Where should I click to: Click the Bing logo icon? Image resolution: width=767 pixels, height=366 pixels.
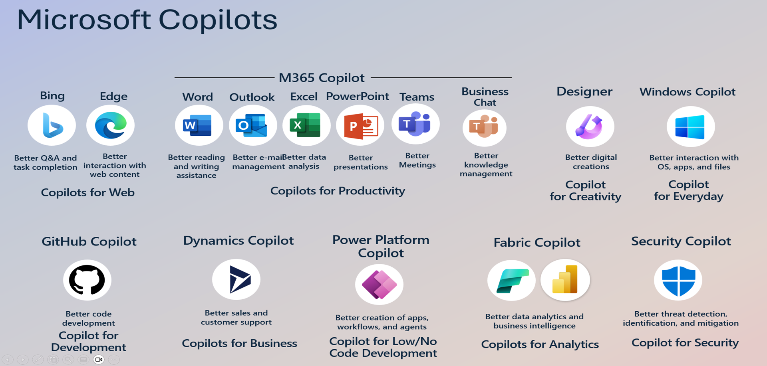pos(52,125)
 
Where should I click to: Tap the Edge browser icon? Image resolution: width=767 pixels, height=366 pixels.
pos(111,125)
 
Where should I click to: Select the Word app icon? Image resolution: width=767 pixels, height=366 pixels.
pos(199,125)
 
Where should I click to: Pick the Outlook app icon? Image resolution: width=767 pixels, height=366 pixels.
pos(253,125)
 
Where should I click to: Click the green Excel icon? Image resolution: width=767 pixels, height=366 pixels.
pos(306,125)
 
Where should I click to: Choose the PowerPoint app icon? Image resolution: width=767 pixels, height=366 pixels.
pos(360,125)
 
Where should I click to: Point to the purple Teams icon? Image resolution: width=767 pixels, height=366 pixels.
pos(415,124)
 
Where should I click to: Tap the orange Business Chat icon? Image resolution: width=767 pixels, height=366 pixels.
pos(485,128)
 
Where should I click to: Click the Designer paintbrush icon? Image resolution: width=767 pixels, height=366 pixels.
pos(590,127)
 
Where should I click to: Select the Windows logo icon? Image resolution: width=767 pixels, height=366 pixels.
pos(691,127)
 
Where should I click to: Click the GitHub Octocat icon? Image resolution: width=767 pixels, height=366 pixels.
pos(87,280)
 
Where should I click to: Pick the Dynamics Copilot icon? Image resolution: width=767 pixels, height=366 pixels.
pos(236,279)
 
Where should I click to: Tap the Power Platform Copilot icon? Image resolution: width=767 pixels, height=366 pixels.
pos(380,285)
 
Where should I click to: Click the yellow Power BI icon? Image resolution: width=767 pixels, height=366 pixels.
pos(565,280)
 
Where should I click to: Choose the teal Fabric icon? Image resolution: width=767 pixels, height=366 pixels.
pos(511,280)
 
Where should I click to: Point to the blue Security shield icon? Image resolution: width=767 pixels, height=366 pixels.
pos(678,280)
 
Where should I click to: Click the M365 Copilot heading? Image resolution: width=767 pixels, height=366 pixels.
pos(322,77)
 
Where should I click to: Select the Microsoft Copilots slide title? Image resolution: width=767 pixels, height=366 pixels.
pos(147,20)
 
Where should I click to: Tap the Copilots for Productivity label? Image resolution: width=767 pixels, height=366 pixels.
pos(338,191)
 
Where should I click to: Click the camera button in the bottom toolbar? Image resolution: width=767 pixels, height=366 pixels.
pos(99,360)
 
